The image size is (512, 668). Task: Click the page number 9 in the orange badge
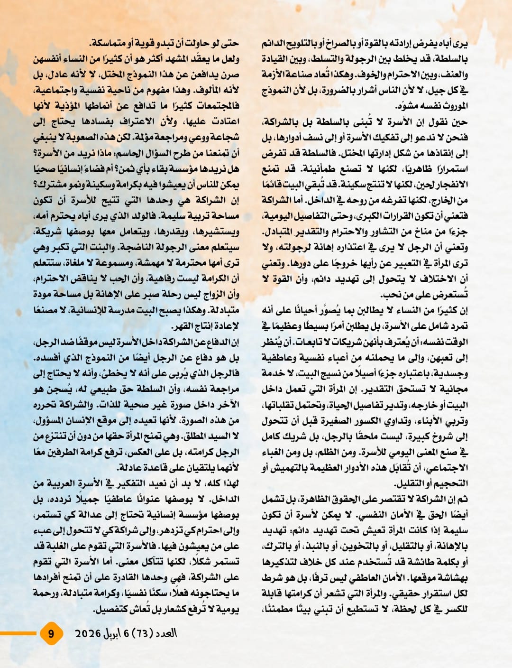[51, 634]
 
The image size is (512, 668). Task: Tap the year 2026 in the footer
[88, 633]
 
